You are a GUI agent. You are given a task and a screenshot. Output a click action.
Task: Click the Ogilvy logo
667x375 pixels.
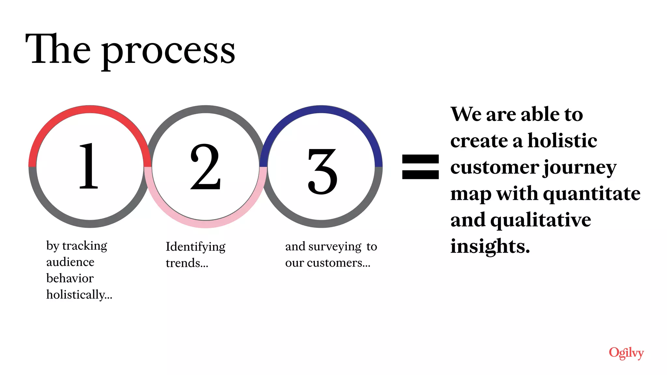click(x=626, y=353)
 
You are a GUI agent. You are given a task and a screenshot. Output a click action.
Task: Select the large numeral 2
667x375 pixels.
click(x=206, y=167)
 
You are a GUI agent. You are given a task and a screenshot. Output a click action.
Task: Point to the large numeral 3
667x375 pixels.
click(x=322, y=171)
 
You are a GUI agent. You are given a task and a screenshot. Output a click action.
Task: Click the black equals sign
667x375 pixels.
click(x=420, y=167)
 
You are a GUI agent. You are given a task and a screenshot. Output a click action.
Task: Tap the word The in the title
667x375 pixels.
click(x=58, y=49)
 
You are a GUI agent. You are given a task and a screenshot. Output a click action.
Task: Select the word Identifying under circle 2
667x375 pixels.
click(x=195, y=247)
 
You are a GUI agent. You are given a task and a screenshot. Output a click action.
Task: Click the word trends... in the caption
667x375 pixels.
click(x=187, y=263)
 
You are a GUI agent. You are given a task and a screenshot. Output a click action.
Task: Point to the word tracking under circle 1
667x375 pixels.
click(x=85, y=246)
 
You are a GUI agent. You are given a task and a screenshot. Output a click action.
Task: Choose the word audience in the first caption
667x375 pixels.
click(x=70, y=262)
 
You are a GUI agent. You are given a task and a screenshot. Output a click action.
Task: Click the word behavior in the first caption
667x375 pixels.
click(x=70, y=278)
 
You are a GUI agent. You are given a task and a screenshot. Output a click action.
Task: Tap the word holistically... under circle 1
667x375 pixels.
click(x=79, y=295)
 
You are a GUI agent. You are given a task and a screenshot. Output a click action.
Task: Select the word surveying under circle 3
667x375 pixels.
click(x=335, y=247)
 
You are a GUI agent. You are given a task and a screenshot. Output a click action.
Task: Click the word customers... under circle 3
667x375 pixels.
click(x=339, y=263)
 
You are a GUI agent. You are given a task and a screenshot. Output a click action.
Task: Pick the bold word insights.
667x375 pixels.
click(x=490, y=246)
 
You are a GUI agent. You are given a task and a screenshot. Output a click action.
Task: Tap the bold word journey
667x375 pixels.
click(x=580, y=168)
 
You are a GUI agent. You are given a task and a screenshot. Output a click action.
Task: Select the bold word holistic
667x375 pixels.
click(x=562, y=141)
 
